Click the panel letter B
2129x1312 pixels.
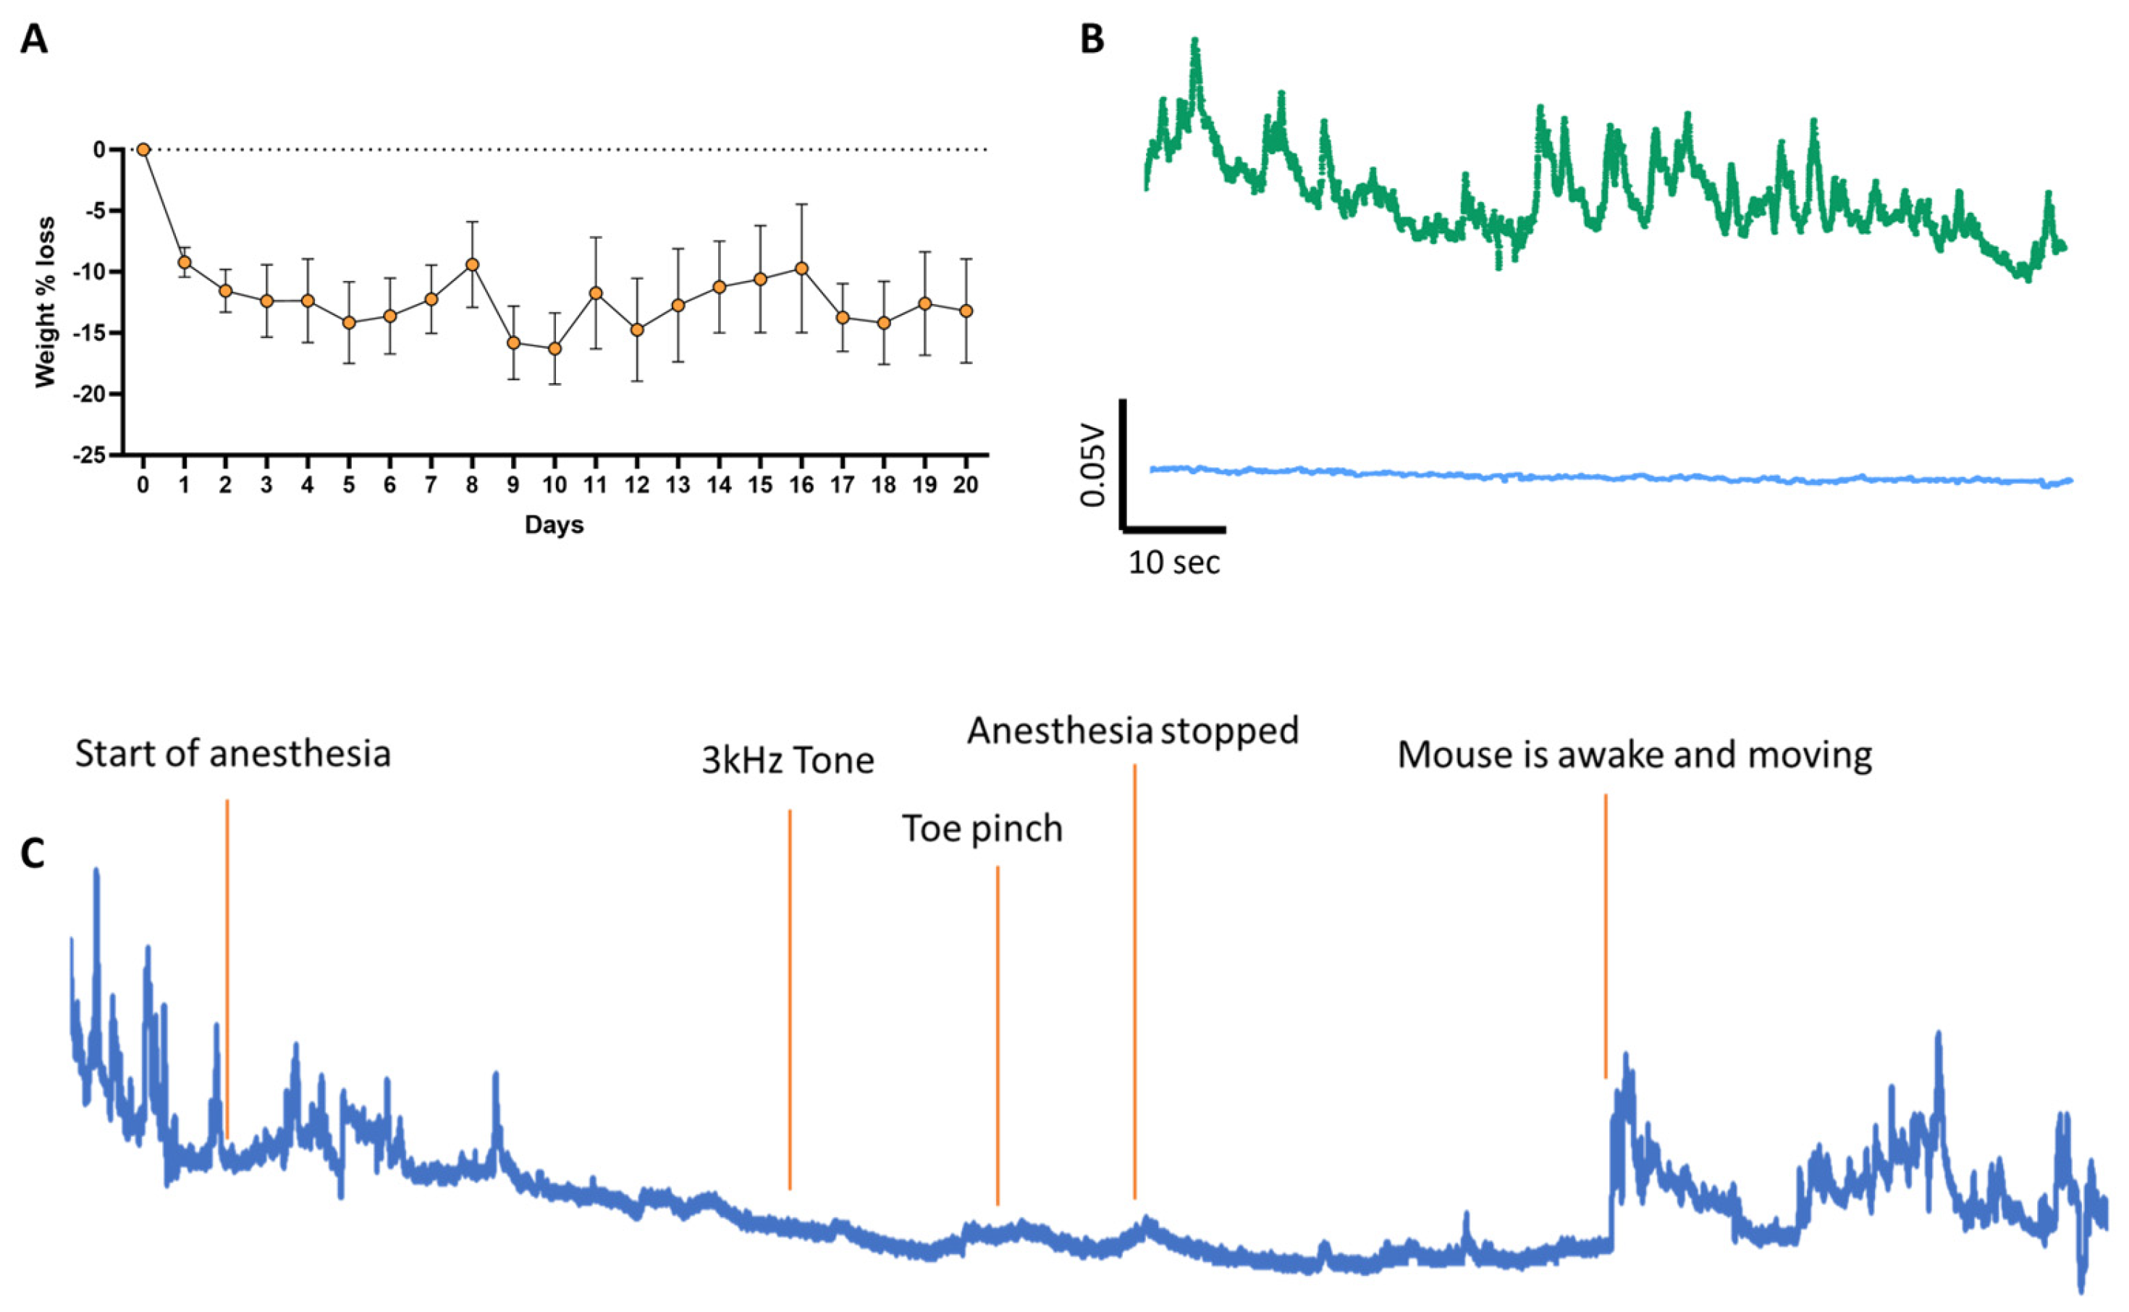tap(1092, 40)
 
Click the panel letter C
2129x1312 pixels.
tap(33, 854)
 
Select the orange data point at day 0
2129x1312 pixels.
tap(143, 150)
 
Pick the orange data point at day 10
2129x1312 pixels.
tap(555, 349)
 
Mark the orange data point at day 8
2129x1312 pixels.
tap(472, 264)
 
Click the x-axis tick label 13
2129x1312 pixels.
tap(678, 486)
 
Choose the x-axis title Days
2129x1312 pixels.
tap(554, 525)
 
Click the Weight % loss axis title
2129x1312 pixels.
tap(45, 302)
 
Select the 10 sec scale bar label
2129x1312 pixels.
tap(1174, 563)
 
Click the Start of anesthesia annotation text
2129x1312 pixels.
tap(232, 754)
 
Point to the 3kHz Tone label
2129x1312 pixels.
tap(788, 761)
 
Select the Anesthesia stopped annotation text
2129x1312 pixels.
tap(1133, 731)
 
